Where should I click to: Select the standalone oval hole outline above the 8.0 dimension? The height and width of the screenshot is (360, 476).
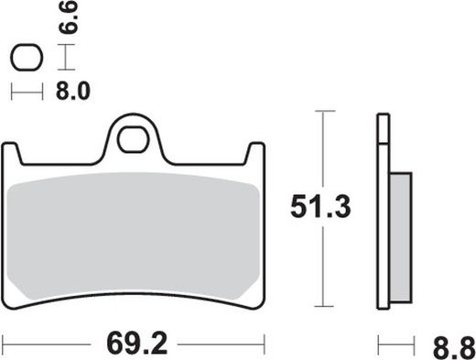tap(27, 60)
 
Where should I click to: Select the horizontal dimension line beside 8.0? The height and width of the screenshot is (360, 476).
tap(27, 92)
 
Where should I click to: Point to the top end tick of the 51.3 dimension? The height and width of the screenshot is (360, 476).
tap(320, 111)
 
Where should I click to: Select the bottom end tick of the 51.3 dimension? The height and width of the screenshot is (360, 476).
tap(320, 307)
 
